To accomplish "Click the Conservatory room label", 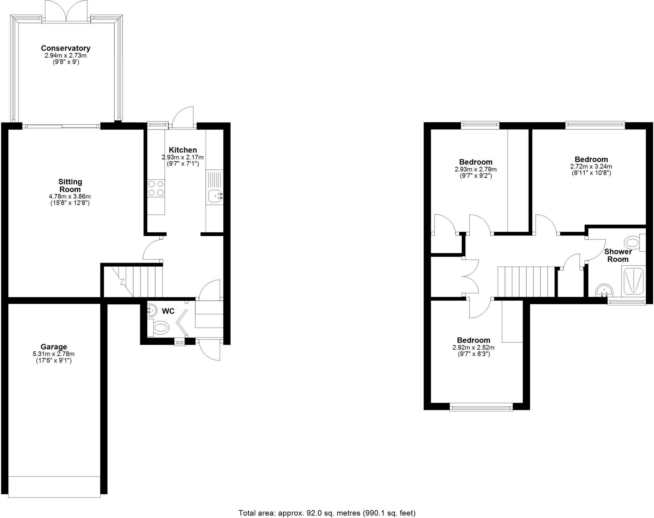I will click(65, 48).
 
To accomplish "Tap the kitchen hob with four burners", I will click(156, 188).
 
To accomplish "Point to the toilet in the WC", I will click(161, 328).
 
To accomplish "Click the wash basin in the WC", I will click(152, 310).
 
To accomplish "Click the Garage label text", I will click(54, 347).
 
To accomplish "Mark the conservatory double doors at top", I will click(66, 11).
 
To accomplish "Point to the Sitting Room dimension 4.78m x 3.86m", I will click(70, 196).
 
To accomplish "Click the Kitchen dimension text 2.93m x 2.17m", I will click(183, 157).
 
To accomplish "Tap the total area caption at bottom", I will click(327, 513).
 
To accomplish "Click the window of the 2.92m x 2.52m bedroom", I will click(481, 407).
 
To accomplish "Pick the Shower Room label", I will click(618, 255).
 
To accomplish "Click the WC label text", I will click(168, 311).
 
